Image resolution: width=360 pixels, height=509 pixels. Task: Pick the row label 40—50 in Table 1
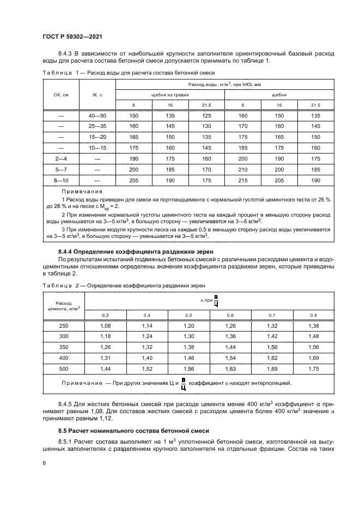pyautogui.click(x=97, y=115)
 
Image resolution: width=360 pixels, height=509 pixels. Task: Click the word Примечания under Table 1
pyautogui.click(x=83, y=191)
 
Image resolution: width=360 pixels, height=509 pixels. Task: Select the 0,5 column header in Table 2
pyautogui.click(x=188, y=315)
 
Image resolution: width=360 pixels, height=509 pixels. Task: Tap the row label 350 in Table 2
pyautogui.click(x=64, y=346)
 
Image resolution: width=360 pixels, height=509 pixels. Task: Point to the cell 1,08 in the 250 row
pyautogui.click(x=106, y=326)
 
